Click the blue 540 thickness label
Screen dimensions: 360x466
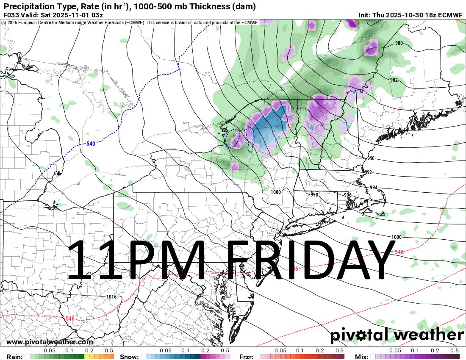pyautogui.click(x=91, y=144)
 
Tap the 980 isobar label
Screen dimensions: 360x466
pyautogui.click(x=399, y=43)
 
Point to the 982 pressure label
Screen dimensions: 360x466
pyautogui.click(x=394, y=80)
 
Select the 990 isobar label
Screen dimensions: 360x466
pyautogui.click(x=371, y=158)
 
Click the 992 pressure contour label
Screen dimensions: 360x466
pyautogui.click(x=368, y=172)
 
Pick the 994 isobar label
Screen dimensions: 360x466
pyautogui.click(x=373, y=188)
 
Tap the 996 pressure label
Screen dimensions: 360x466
pyautogui.click(x=347, y=195)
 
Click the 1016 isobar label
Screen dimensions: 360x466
pyautogui.click(x=111, y=297)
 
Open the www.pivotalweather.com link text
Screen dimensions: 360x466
pyautogui.click(x=50, y=342)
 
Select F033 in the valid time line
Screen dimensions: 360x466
pyautogui.click(x=11, y=15)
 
